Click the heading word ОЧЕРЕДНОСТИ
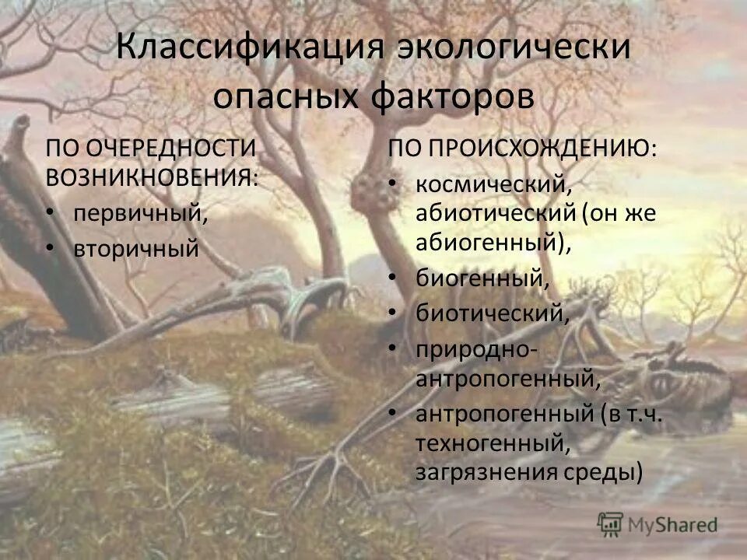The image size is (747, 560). click(x=172, y=147)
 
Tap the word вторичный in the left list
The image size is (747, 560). click(x=136, y=249)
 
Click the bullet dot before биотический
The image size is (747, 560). click(x=394, y=312)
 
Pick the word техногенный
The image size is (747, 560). click(x=488, y=444)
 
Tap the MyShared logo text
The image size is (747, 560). click(x=672, y=523)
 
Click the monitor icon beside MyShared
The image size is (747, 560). click(x=611, y=523)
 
